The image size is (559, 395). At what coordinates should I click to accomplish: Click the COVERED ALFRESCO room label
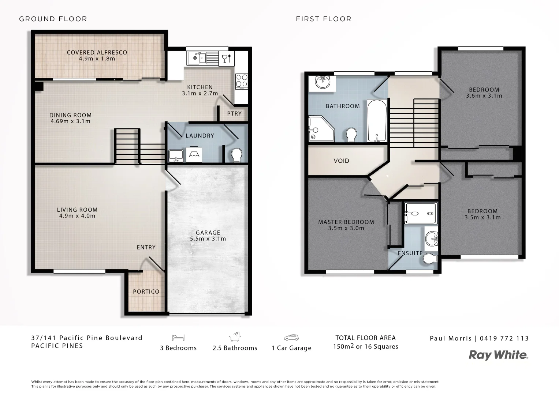click(97, 52)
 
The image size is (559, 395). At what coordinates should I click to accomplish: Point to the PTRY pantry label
click(234, 114)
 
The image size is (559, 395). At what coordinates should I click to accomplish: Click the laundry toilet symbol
click(237, 155)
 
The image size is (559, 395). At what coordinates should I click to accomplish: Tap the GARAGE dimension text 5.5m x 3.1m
click(208, 239)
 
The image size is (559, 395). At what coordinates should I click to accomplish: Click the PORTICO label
click(146, 291)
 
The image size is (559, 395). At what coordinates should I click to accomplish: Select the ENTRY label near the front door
click(146, 247)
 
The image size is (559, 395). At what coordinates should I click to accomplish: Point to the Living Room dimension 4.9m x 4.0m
click(77, 216)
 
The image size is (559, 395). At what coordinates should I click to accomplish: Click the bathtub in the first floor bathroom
click(377, 121)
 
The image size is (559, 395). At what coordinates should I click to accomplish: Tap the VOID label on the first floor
click(341, 161)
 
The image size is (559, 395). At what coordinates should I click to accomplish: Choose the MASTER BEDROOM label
click(346, 222)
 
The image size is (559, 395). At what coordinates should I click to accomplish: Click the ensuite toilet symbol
click(430, 259)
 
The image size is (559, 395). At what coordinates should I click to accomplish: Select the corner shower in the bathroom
click(320, 129)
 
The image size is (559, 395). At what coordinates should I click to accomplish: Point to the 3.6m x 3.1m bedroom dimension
click(484, 96)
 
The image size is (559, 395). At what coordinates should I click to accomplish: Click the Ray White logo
click(499, 355)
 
